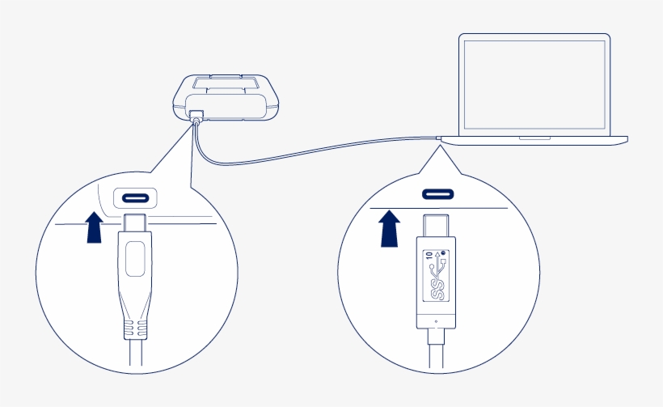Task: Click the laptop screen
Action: [x=534, y=83]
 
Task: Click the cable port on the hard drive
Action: [x=195, y=116]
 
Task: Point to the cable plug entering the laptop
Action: [x=439, y=139]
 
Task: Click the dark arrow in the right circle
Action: [x=391, y=227]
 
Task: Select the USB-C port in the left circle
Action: [x=135, y=198]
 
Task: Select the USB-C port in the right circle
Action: [x=437, y=194]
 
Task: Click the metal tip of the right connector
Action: [x=437, y=224]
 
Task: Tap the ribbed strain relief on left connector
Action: [x=135, y=329]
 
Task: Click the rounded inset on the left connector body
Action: [x=135, y=260]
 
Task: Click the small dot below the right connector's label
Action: [x=437, y=320]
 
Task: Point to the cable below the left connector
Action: [x=135, y=356]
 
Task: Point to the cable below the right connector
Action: [x=437, y=352]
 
